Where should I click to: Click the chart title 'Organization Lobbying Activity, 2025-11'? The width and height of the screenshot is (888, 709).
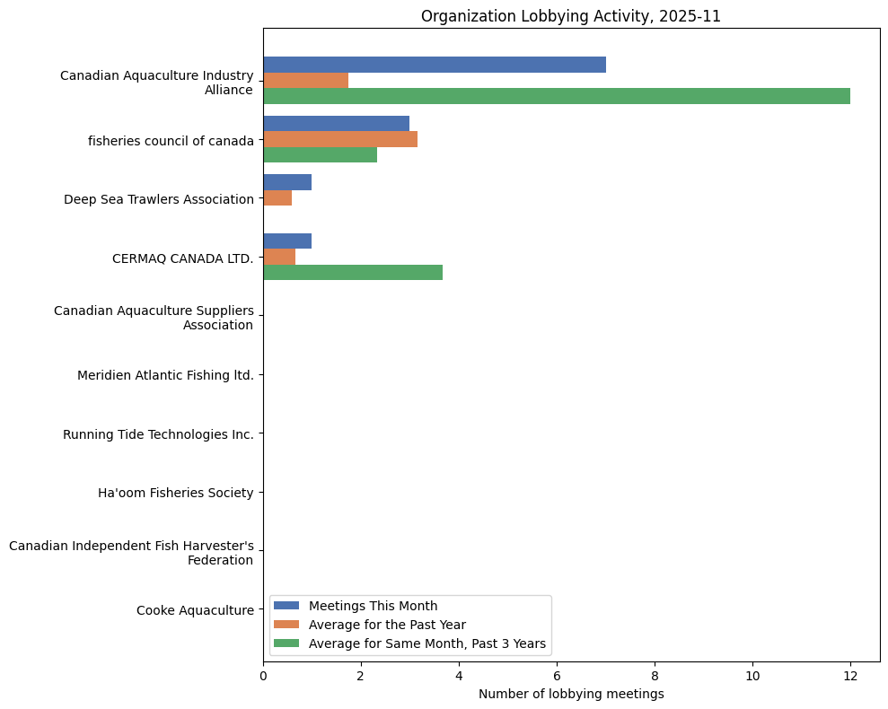coord(570,16)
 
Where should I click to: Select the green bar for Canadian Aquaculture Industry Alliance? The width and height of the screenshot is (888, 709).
coord(556,96)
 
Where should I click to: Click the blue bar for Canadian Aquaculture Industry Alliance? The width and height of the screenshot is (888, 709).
coord(434,65)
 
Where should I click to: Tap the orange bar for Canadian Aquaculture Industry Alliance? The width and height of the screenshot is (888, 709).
coord(305,81)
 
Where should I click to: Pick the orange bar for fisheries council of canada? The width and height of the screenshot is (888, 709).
coord(339,139)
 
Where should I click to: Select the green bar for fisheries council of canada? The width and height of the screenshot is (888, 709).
coord(320,154)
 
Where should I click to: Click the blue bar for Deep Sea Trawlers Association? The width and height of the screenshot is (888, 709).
coord(287,182)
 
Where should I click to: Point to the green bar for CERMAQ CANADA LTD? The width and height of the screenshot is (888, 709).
coord(352,272)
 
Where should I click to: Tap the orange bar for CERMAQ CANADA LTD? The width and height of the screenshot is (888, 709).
coord(279,257)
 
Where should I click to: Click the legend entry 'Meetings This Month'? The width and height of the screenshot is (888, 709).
coord(373,605)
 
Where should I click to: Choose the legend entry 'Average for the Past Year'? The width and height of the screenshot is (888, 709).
coord(387,624)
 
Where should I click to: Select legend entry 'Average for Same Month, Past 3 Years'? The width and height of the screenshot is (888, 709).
coord(426,643)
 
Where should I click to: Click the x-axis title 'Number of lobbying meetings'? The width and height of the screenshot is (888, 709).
coord(571,694)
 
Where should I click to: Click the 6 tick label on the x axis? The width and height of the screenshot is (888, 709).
coord(557,676)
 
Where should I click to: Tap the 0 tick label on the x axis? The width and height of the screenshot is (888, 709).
coord(263,676)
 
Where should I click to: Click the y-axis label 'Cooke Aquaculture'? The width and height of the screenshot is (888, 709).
coord(195,610)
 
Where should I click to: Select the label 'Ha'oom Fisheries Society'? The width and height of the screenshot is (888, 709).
coord(175,493)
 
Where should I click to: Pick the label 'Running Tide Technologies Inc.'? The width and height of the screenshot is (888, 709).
coord(158,434)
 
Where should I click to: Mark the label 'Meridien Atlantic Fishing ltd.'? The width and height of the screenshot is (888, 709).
coord(165,375)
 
